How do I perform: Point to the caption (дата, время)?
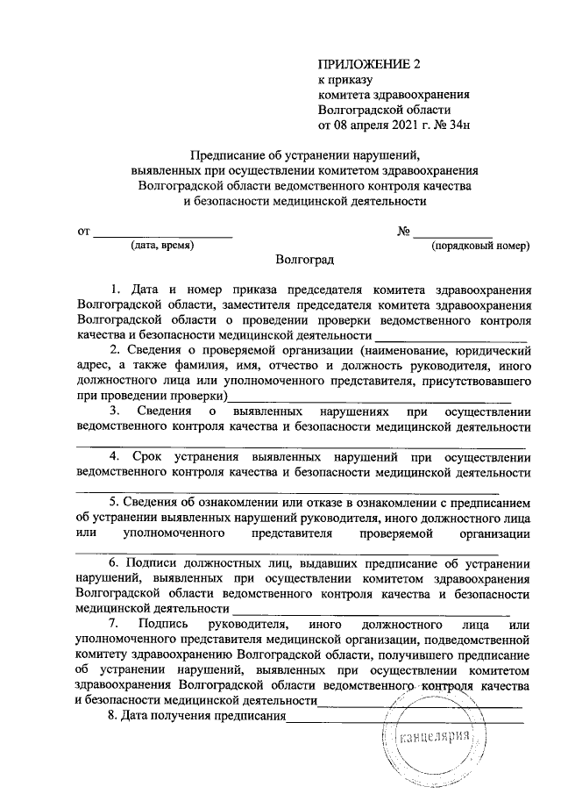coord(162,247)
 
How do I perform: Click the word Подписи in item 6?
coord(155,562)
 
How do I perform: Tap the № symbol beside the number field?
coord(404,232)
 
